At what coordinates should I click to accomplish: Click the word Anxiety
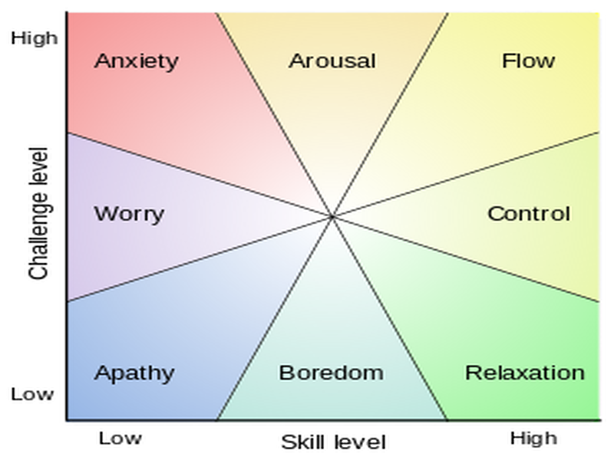[x=136, y=61]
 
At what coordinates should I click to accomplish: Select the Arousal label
[x=332, y=61]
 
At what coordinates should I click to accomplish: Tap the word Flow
[x=528, y=61]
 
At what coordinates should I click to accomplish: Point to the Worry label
[x=129, y=213]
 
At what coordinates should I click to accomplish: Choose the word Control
[x=529, y=213]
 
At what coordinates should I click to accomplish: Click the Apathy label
[x=134, y=374]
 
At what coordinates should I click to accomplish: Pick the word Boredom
[x=331, y=373]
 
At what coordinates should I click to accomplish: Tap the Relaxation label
[x=525, y=373]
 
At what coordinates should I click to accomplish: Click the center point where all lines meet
[x=332, y=217]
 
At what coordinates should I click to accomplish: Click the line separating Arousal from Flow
[x=390, y=115]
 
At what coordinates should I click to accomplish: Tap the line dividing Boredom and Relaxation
[x=390, y=319]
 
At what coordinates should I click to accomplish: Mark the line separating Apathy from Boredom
[x=275, y=319]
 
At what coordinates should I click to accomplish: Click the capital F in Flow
[x=507, y=61]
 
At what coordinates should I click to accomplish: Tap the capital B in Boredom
[x=286, y=373]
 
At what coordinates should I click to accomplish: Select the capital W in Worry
[x=104, y=213]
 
